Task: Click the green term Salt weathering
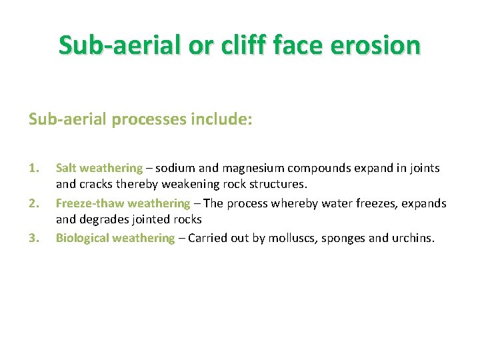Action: point(99,169)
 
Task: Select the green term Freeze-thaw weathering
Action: point(123,203)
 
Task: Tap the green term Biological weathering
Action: point(115,238)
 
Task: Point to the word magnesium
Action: point(246,169)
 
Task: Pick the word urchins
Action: point(413,238)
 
